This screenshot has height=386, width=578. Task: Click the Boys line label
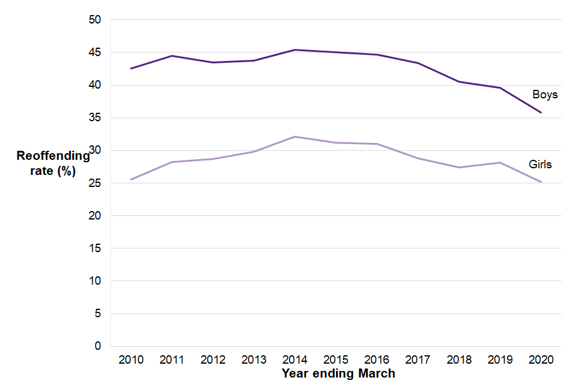pos(545,95)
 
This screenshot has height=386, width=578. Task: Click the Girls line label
pos(540,164)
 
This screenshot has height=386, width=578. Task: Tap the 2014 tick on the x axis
pos(295,360)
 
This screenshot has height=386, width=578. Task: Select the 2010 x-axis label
pos(131,360)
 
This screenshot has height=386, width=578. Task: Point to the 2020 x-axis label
pos(541,360)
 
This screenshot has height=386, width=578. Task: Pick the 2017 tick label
pos(418,360)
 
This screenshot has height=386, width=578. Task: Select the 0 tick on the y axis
pos(98,346)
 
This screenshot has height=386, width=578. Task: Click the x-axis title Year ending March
pos(338,373)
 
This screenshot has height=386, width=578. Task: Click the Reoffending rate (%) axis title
pos(53,163)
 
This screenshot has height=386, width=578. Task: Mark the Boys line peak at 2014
pos(295,50)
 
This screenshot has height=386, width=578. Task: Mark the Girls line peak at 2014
pos(295,137)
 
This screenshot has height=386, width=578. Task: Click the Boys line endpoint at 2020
pos(541,112)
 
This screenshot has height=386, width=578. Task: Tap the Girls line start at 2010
pos(131,179)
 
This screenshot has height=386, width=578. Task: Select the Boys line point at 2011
pos(172,56)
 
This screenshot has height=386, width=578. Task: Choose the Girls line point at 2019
pos(500,162)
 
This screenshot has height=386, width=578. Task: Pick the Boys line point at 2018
pos(459,81)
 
